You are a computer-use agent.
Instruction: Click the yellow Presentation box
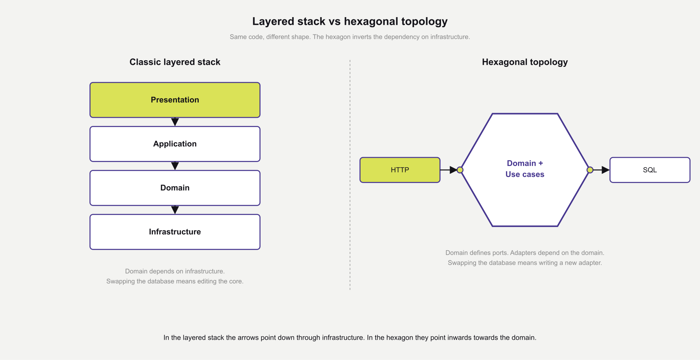tap(175, 100)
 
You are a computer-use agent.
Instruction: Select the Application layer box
tap(175, 144)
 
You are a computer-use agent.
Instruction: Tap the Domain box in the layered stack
tap(175, 188)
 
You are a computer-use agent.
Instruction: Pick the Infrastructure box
tap(175, 232)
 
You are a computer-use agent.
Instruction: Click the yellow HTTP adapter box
tap(400, 170)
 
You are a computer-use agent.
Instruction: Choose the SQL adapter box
tap(649, 170)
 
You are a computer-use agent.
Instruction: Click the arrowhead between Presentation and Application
tap(175, 122)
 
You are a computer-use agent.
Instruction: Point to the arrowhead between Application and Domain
tap(175, 166)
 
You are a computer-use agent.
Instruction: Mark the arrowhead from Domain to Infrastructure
tap(175, 210)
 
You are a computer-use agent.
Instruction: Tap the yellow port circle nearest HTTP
tap(460, 170)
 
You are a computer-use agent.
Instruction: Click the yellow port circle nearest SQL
tap(590, 170)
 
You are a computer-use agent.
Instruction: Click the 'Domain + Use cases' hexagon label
tap(525, 169)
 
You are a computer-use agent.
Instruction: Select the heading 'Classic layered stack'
tap(175, 62)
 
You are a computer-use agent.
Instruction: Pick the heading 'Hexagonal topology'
tap(525, 62)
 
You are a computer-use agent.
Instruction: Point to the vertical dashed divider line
tap(350, 175)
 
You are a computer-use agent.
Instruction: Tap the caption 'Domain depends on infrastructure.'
tap(175, 271)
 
